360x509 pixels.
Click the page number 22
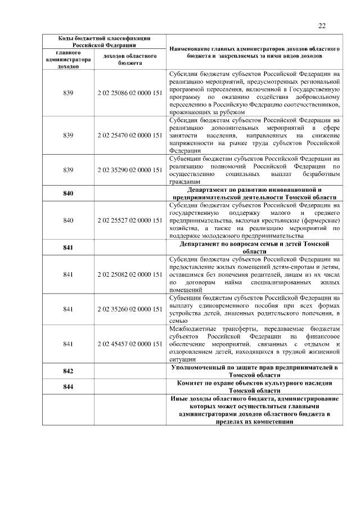[322, 25]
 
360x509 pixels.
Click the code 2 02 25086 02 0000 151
[130, 93]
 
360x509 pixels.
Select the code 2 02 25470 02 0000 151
[130, 136]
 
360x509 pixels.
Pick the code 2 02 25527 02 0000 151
[130, 220]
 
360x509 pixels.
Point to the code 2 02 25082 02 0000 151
[130, 274]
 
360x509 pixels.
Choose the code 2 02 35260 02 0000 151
[130, 309]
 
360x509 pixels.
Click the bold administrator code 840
[69, 193]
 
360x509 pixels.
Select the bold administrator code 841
[69, 247]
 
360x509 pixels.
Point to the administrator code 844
[69, 386]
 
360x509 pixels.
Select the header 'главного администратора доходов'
[69, 59]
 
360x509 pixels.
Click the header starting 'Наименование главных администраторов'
[254, 53]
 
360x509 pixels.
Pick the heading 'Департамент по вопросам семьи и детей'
[254, 247]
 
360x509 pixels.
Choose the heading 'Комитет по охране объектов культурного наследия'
[254, 386]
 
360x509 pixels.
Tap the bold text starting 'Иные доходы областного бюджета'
[254, 409]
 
